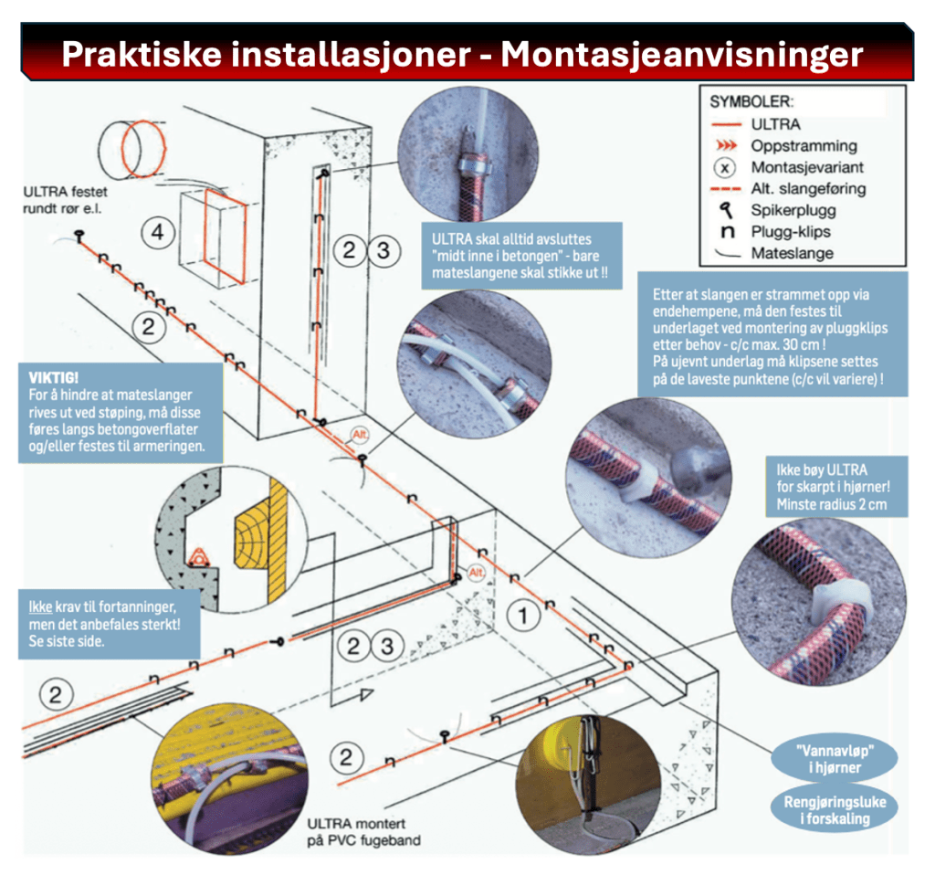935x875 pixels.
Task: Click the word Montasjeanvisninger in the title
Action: [681, 54]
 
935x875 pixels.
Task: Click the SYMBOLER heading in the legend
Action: [751, 100]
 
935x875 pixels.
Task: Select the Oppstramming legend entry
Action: [804, 145]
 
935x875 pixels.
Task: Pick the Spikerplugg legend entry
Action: [792, 210]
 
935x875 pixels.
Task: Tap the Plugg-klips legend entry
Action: [791, 231]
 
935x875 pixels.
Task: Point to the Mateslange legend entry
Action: [793, 253]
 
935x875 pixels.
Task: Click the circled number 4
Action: [159, 234]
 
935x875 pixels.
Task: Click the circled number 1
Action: [523, 617]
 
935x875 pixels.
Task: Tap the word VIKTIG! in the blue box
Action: [54, 376]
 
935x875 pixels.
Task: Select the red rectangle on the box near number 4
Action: [223, 236]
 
